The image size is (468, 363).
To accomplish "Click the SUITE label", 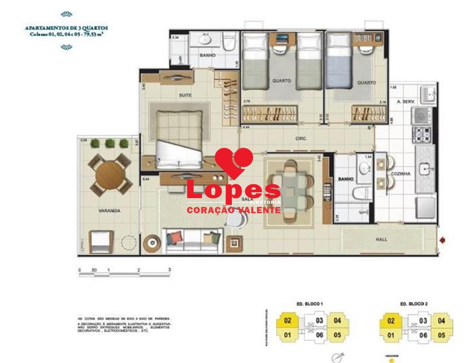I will click(185, 95).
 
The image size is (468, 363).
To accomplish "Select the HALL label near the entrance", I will click(382, 240).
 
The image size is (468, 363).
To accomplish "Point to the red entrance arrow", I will click(442, 241).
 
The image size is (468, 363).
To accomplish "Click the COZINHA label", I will click(400, 174).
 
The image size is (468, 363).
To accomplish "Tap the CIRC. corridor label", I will click(301, 138).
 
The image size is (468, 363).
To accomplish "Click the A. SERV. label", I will click(405, 101).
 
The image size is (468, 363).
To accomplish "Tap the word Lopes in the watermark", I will click(233, 190).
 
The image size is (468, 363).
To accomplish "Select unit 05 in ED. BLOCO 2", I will click(441, 336).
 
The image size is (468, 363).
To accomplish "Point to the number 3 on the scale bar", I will click(169, 269).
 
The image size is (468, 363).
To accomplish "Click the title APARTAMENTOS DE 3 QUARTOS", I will click(67, 28).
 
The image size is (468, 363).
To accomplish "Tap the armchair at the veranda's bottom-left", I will click(100, 242).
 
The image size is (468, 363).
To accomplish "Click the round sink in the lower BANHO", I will click(364, 167).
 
